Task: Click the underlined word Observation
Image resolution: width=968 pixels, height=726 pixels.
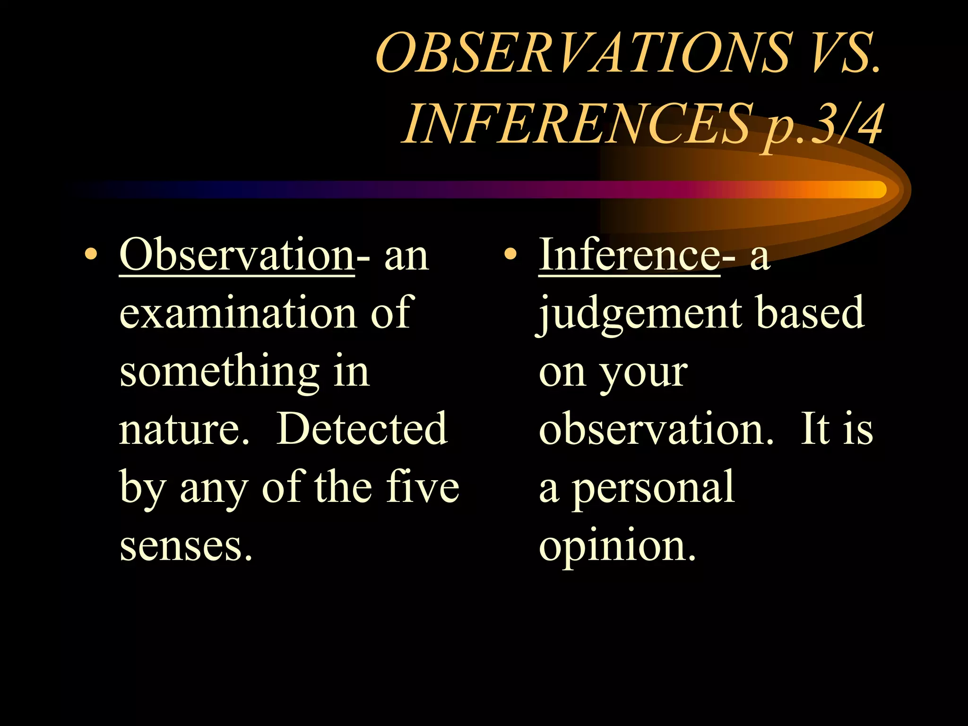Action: pyautogui.click(x=237, y=256)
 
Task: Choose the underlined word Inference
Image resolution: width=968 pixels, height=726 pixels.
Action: pyautogui.click(x=629, y=256)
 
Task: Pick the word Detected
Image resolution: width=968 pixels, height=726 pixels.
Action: pyautogui.click(x=362, y=429)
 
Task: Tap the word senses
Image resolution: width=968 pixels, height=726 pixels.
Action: pyautogui.click(x=186, y=546)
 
